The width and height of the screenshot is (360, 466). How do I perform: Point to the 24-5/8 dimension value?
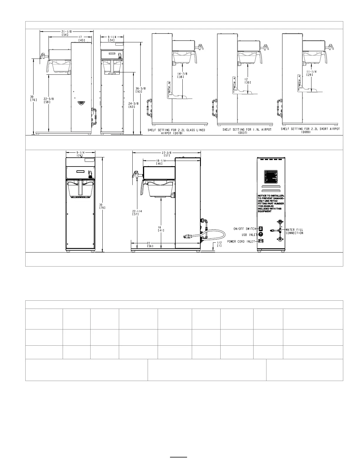pyautogui.click(x=132, y=105)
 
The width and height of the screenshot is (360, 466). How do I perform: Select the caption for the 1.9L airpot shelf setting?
pyautogui.click(x=247, y=131)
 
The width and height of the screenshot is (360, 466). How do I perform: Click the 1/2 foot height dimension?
pyautogui.click(x=219, y=244)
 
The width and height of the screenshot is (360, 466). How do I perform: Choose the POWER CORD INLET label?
pyautogui.click(x=241, y=241)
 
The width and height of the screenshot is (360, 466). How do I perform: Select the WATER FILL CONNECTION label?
pyautogui.click(x=294, y=231)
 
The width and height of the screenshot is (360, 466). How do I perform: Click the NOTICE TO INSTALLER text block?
pyautogui.click(x=270, y=203)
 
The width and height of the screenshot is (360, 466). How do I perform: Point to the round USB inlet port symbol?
pyautogui.click(x=260, y=234)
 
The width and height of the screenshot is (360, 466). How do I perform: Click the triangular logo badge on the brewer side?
pyautogui.click(x=81, y=103)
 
